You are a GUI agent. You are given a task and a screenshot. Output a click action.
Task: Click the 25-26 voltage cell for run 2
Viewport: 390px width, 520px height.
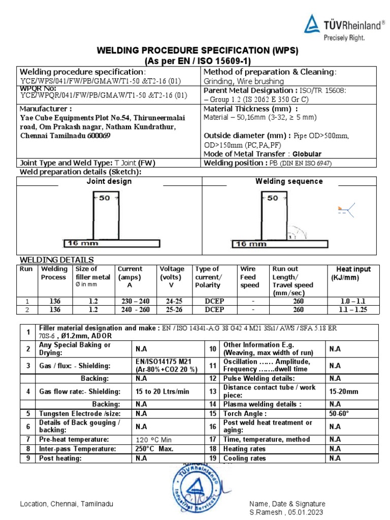click(172, 309)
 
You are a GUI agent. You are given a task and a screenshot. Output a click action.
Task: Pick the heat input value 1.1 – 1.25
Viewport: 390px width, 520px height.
click(353, 309)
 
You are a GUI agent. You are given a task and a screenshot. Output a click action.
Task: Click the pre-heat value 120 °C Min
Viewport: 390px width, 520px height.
click(154, 440)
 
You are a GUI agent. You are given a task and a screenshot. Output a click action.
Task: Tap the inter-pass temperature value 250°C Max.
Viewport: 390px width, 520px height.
click(155, 449)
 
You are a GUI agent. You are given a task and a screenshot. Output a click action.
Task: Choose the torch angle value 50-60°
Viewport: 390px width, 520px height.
click(340, 414)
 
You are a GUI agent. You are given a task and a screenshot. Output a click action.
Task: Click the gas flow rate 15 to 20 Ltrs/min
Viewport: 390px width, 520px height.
click(162, 392)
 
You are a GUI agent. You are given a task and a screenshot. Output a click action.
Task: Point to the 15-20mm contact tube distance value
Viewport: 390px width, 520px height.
click(343, 392)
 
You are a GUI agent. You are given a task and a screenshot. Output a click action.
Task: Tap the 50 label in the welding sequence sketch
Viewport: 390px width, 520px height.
click(273, 198)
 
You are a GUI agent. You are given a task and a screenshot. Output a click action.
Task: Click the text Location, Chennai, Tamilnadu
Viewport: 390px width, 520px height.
click(67, 504)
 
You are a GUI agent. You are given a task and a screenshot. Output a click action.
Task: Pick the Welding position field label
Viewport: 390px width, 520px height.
click(233, 163)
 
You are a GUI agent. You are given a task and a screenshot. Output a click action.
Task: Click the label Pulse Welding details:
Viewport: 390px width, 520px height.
click(266, 378)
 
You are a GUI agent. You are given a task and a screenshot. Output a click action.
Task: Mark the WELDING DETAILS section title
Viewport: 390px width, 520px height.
click(56, 259)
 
